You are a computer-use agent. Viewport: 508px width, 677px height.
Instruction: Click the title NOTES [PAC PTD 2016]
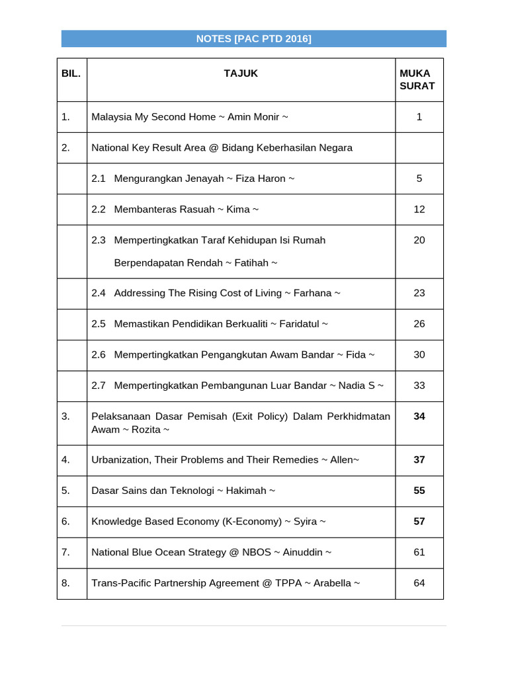253,39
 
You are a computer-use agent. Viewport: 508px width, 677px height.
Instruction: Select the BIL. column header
71,73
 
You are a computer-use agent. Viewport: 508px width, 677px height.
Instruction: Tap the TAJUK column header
241,73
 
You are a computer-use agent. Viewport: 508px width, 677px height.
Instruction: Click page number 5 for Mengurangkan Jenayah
419,179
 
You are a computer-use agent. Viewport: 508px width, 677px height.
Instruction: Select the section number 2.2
99,210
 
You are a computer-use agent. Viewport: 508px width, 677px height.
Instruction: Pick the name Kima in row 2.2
238,210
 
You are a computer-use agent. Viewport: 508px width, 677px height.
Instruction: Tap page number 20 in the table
419,240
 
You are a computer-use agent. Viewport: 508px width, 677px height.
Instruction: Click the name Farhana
312,293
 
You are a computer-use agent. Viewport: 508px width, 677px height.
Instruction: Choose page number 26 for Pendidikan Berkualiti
419,324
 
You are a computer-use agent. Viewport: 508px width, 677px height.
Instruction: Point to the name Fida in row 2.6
356,354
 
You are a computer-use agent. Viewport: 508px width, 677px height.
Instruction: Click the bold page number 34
419,417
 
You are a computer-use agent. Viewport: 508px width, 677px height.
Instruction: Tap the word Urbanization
120,459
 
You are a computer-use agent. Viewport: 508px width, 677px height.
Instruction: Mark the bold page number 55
419,491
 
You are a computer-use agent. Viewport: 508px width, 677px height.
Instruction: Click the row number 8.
65,583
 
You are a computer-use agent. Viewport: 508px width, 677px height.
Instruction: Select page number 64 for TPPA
419,583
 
